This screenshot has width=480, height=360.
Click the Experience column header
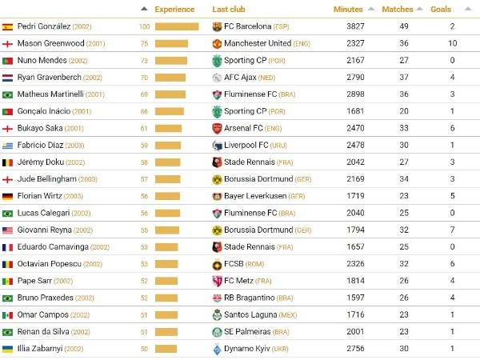[174, 10]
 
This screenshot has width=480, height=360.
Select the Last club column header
[229, 10]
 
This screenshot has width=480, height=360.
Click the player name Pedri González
[44, 26]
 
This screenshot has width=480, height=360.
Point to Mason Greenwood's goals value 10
[452, 43]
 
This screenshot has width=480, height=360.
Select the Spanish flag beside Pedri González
[8, 26]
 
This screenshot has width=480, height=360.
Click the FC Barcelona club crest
[217, 26]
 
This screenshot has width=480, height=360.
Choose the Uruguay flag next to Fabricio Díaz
[8, 145]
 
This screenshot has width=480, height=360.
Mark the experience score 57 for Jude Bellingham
[145, 179]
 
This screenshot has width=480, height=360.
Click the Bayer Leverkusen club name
[257, 196]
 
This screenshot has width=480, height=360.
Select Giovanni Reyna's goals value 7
[452, 230]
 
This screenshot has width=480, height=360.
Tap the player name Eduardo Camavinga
[53, 247]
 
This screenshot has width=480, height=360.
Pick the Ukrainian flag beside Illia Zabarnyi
[8, 349]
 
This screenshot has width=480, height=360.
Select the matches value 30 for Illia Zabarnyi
[405, 349]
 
